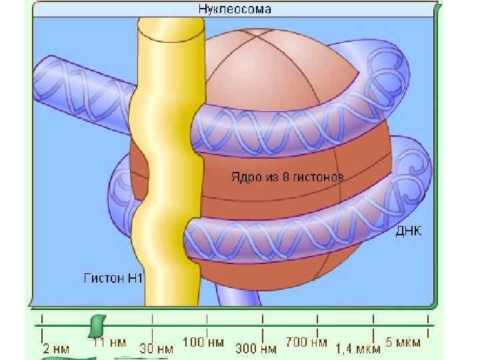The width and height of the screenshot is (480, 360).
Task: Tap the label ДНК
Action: click(409, 230)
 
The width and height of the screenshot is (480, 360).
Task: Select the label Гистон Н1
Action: click(113, 277)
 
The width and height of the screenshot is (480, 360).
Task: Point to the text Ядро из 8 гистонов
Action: click(287, 179)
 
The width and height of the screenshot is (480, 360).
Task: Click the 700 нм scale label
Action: click(306, 342)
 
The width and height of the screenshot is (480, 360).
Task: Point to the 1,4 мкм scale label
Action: click(358, 347)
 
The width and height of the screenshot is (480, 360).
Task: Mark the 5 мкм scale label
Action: click(403, 342)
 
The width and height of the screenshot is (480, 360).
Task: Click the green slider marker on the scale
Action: click(97, 325)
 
